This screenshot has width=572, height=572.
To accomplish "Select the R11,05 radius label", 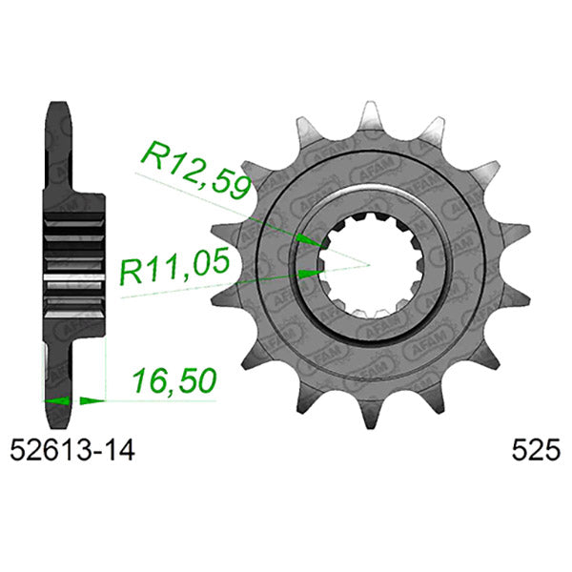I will click(x=174, y=270).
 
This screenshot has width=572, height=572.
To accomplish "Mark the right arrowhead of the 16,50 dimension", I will click(x=94, y=400).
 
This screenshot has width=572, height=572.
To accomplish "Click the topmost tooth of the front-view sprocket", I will click(x=367, y=117).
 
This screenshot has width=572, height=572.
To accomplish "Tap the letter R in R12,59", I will click(x=153, y=155).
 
